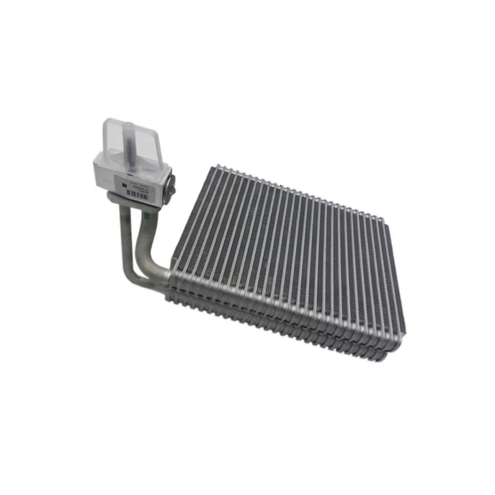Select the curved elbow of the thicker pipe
pyautogui.click(x=147, y=258)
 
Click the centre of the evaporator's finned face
pyautogui.click(x=289, y=253)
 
